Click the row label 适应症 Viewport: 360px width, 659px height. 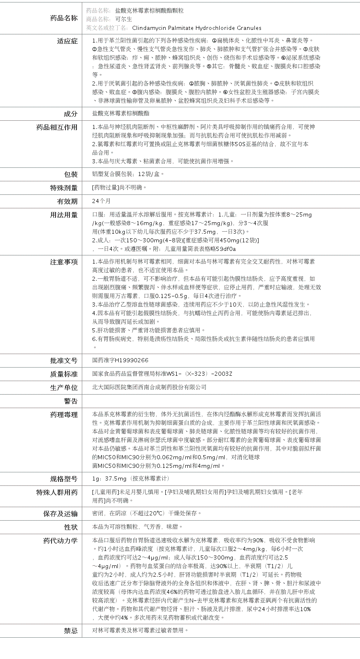(x=67, y=41)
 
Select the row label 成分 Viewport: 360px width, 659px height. (x=70, y=114)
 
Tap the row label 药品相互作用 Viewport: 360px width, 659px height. (x=57, y=127)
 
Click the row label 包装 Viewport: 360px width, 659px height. (x=70, y=174)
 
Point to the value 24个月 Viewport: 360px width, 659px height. (x=101, y=201)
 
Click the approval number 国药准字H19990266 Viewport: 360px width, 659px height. (x=120, y=360)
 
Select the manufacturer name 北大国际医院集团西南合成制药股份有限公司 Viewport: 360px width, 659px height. (x=149, y=387)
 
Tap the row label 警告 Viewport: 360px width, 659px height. (x=70, y=401)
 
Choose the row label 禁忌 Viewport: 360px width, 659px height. (x=70, y=631)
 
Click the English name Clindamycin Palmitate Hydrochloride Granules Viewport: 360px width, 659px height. (x=197, y=28)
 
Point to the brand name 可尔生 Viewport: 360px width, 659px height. (x=124, y=19)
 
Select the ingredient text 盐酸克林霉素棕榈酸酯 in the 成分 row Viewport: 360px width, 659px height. (x=121, y=113)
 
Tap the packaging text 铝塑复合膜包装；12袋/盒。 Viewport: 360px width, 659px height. (x=128, y=174)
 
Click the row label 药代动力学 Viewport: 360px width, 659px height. (x=60, y=541)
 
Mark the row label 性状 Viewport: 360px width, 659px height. (x=70, y=527)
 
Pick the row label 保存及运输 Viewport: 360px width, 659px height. (x=60, y=514)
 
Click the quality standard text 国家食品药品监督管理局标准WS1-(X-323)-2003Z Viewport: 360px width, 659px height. (x=162, y=374)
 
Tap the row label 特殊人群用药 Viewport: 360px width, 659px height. (x=57, y=492)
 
